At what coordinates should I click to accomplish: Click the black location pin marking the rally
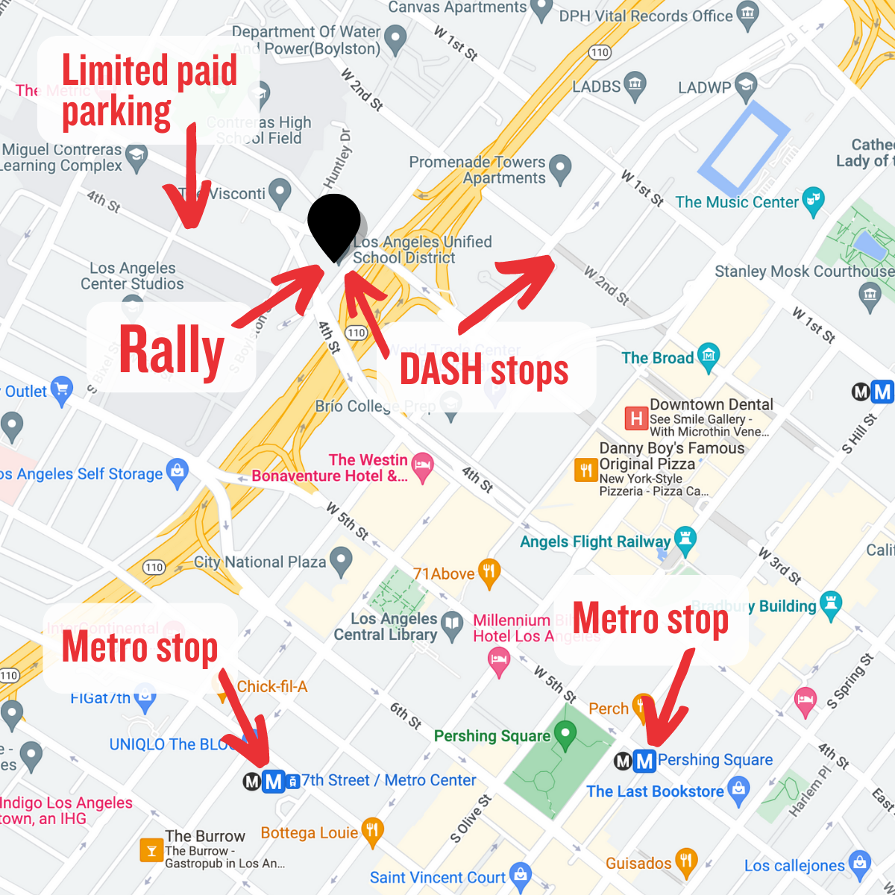pos(334,224)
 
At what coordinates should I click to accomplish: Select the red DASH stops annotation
pos(484,369)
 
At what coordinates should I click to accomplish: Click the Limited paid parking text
pos(149,91)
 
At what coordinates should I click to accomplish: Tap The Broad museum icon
pos(709,357)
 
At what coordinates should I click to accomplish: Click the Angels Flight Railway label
pos(595,541)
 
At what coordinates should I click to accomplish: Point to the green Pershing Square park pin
pos(566,734)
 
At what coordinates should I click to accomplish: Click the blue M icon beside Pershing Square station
pos(644,761)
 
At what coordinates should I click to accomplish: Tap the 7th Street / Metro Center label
pos(389,780)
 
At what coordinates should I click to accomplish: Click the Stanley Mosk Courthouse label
pos(804,271)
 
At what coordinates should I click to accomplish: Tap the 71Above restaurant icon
pos(489,572)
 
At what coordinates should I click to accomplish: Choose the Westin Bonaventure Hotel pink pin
pos(422,466)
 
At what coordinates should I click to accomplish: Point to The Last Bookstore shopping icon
pos(738,789)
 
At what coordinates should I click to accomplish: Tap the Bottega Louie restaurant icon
pos(372,831)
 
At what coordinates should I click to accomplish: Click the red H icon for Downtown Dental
pos(636,418)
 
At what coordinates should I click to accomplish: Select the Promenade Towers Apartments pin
pos(559,169)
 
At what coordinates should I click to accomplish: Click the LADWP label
pos(704,87)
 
